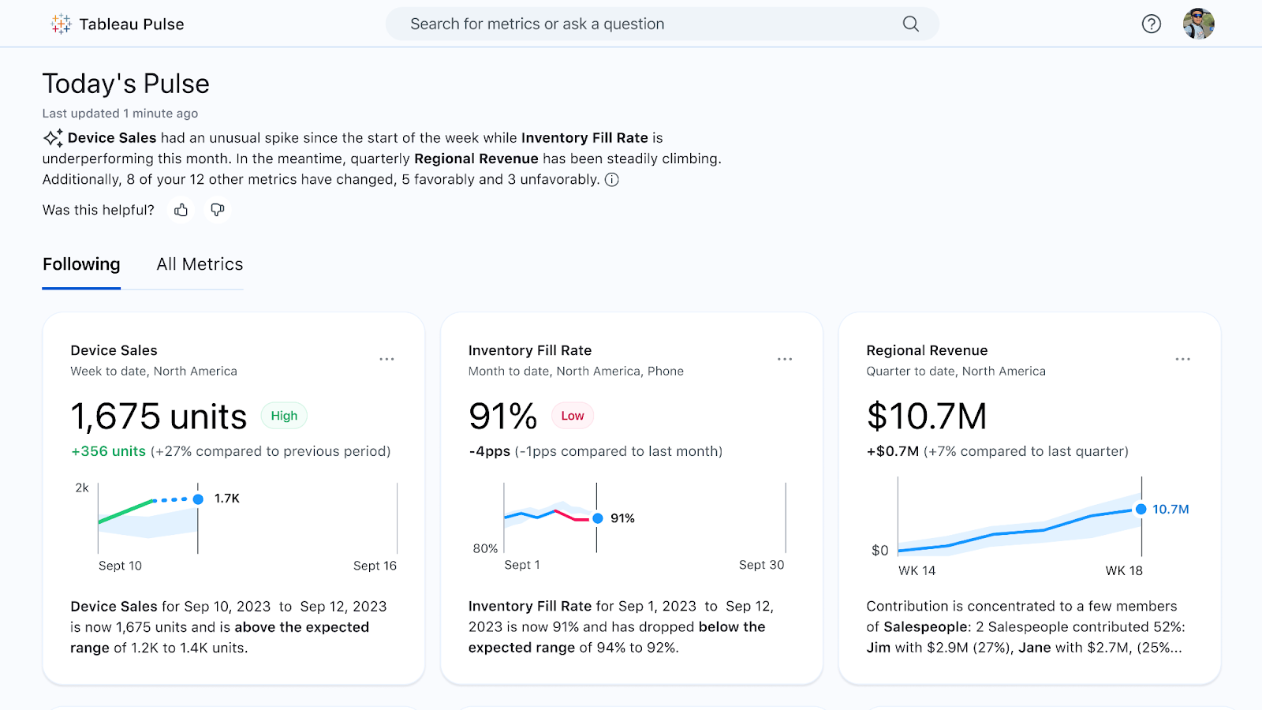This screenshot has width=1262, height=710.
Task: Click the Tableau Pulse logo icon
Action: coord(61,24)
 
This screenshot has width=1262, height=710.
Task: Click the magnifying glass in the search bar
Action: coord(910,24)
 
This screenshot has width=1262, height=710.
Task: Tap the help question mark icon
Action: coord(1151,24)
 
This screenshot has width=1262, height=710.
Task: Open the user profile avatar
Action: coord(1198,24)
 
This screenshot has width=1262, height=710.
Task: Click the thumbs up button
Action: coord(181,210)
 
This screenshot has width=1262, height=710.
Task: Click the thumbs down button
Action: coord(218,210)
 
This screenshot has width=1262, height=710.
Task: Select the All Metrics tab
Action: coord(200,264)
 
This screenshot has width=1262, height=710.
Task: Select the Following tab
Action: coord(81,264)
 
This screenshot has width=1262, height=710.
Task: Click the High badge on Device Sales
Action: coord(284,416)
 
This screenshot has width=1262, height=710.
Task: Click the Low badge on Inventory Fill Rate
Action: coord(573,416)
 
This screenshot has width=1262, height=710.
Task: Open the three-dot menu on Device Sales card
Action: coord(386,359)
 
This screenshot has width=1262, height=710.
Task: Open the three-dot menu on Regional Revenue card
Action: coord(1182,359)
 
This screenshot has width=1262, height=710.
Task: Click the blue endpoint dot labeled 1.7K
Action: coord(198,499)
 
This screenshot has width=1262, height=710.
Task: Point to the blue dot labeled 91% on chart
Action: coord(598,518)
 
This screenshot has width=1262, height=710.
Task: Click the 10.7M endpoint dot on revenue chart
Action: coord(1141,510)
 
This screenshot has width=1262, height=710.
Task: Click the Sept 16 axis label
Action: coord(375,566)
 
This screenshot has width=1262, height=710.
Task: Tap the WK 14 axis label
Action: coord(917,570)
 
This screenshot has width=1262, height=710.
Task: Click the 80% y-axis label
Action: coord(485,548)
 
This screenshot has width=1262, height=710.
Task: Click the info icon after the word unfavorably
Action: coord(611,180)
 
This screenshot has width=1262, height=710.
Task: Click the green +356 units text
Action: coord(109,451)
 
